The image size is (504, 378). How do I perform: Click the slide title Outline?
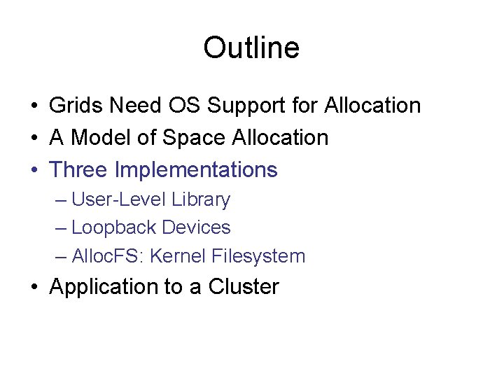coord(251,48)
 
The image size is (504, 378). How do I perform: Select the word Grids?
coord(72,106)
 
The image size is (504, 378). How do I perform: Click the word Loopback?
coord(113,227)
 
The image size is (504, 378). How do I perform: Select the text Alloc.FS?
coord(108,256)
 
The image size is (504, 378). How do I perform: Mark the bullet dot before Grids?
coord(34,106)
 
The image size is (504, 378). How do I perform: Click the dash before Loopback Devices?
coord(61,228)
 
